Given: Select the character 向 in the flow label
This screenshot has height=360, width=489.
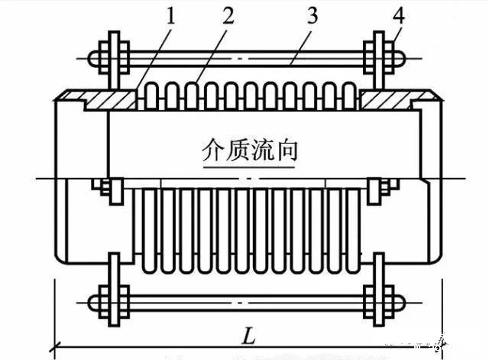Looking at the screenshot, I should coord(285,148).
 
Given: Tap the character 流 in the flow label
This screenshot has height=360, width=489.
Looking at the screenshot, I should coord(262,148).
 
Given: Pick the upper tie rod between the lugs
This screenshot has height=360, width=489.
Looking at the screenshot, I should coord(244,57).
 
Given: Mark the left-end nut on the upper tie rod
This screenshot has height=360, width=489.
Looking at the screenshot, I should coord(94,57).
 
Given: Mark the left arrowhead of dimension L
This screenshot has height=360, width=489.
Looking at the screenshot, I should coord(58,347).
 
